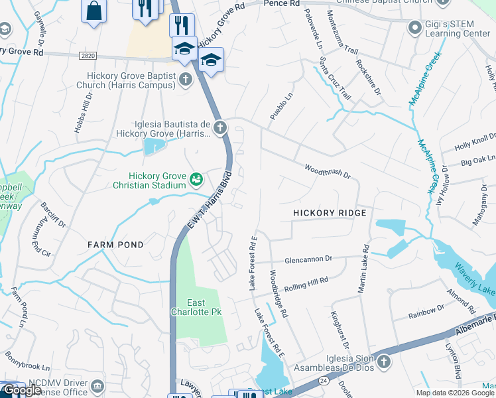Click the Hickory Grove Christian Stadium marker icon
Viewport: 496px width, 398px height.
coord(196,179)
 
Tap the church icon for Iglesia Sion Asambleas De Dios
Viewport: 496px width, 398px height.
coord(385,362)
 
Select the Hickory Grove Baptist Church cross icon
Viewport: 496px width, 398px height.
coord(186,80)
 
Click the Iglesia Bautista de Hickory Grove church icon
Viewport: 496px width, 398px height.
coord(219,127)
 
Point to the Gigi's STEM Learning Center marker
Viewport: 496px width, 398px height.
coord(415,27)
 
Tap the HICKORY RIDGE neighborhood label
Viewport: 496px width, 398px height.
coord(330,213)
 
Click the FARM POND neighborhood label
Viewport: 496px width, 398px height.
coord(116,245)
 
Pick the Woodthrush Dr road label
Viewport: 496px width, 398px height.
coord(327,171)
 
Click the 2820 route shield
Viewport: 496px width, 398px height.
coord(86,57)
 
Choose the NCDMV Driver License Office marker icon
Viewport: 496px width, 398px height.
coord(97,385)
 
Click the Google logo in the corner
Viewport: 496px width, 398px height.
coord(22,390)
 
